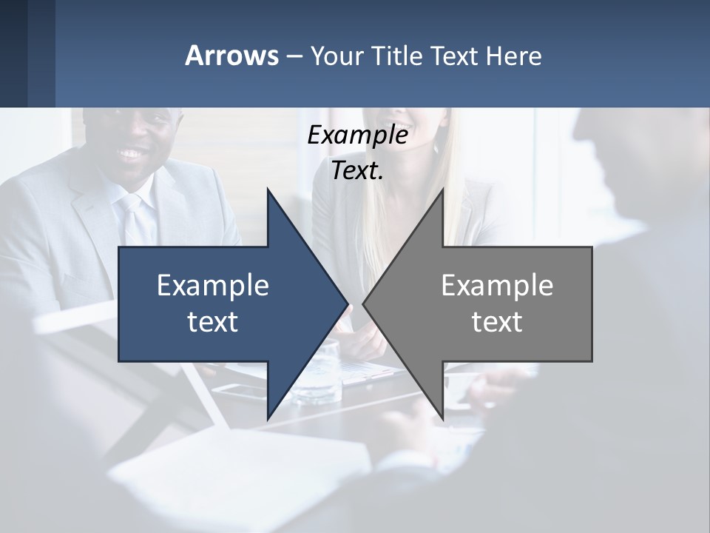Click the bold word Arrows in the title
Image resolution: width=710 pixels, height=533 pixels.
231,56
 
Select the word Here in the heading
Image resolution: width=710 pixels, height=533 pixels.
513,56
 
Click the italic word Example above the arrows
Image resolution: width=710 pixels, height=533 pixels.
357,135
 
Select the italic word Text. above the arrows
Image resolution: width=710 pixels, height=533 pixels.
357,171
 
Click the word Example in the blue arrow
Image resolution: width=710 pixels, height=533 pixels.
213,286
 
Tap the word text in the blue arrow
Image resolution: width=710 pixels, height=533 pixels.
213,322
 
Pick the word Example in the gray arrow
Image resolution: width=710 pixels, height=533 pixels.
497,286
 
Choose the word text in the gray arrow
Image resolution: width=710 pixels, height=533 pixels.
497,322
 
